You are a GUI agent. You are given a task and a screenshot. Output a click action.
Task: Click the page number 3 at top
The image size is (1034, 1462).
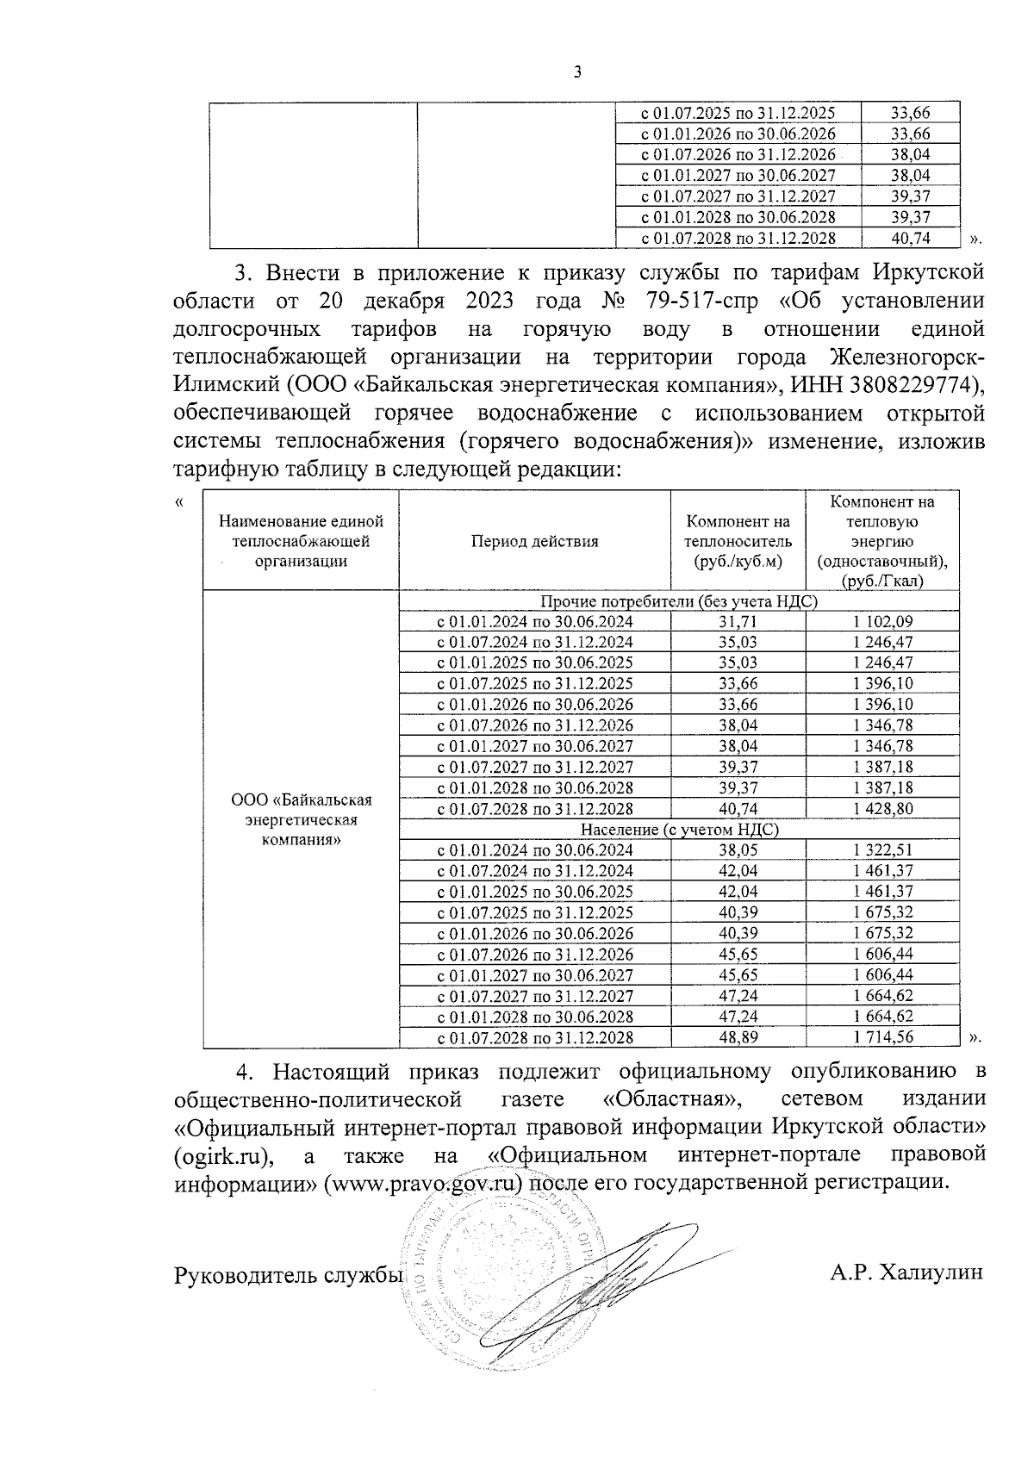coord(577,73)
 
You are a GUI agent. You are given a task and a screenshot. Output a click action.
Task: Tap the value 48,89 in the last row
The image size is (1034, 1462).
coord(738,1037)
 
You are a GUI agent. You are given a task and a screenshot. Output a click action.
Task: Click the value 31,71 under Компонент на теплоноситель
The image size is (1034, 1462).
coord(738,621)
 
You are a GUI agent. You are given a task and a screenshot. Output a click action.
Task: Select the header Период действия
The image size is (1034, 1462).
coord(534,541)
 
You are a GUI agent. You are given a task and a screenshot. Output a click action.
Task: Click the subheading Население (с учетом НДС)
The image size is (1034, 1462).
coord(679,829)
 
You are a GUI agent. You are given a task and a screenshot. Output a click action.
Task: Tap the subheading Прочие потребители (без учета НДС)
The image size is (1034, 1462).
coord(679,600)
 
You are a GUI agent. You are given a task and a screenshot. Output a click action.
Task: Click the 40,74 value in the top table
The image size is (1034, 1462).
coord(910,238)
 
